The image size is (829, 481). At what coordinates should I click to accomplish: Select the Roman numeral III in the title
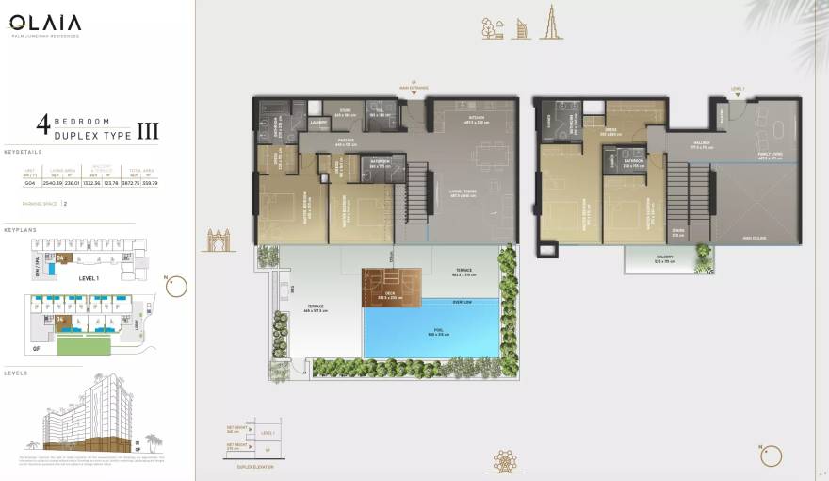click(148, 129)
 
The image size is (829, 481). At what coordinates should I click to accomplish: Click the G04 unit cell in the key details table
click(30, 182)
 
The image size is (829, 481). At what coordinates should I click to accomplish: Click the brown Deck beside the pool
click(386, 286)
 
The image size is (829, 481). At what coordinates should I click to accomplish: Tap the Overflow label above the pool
click(462, 302)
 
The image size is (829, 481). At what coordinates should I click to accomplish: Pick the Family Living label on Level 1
click(770, 156)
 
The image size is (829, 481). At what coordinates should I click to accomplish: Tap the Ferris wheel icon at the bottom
click(504, 461)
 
